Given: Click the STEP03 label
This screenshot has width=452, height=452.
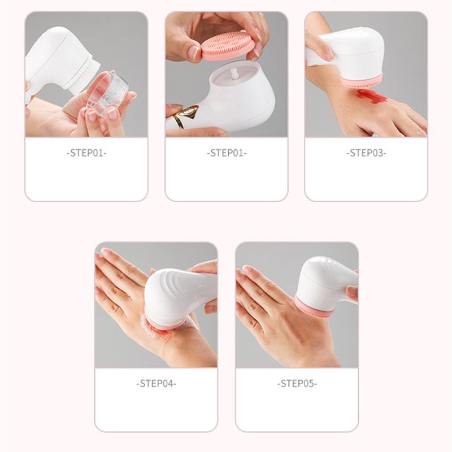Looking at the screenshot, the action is pyautogui.click(x=366, y=153).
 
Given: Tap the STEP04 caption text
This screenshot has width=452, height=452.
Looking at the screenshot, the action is pyautogui.click(x=157, y=384).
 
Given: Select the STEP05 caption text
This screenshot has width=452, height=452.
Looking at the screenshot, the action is pyautogui.click(x=297, y=384).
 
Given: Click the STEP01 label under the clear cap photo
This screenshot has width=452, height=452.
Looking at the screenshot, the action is pyautogui.click(x=86, y=153).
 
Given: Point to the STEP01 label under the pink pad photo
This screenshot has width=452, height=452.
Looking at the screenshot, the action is pyautogui.click(x=227, y=153).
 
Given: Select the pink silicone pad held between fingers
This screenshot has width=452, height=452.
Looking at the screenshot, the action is pyautogui.click(x=228, y=46).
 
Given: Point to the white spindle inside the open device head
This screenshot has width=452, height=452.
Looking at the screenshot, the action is pyautogui.click(x=235, y=75).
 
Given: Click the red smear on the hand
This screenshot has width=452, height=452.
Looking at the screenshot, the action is pyautogui.click(x=372, y=96).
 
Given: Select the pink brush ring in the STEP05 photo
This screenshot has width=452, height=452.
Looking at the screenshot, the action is pyautogui.click(x=314, y=308).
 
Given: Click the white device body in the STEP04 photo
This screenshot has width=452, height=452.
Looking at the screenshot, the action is pyautogui.click(x=176, y=294).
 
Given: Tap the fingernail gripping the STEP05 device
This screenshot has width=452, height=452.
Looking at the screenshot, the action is pyautogui.click(x=352, y=292).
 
